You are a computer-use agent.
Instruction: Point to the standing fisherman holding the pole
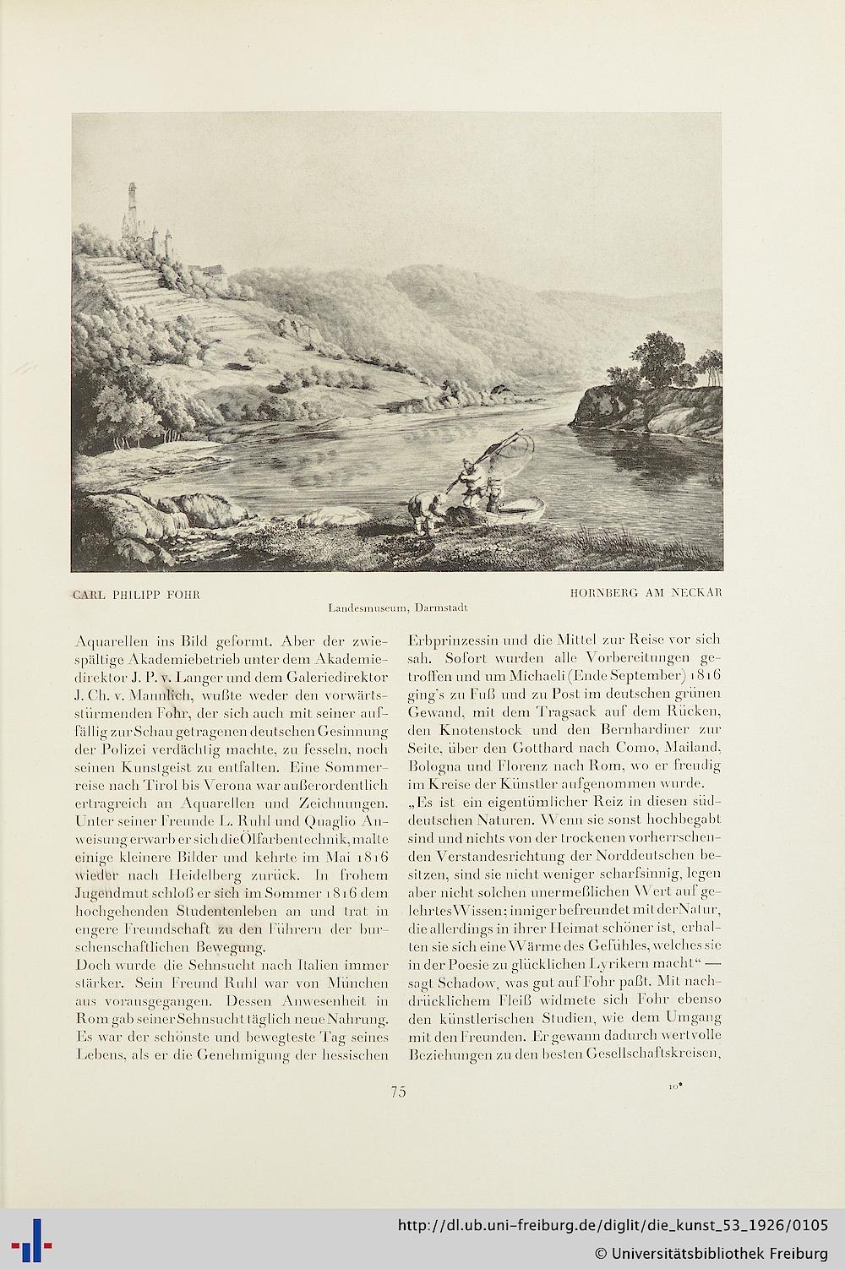469,482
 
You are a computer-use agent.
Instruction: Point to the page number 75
399,1092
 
